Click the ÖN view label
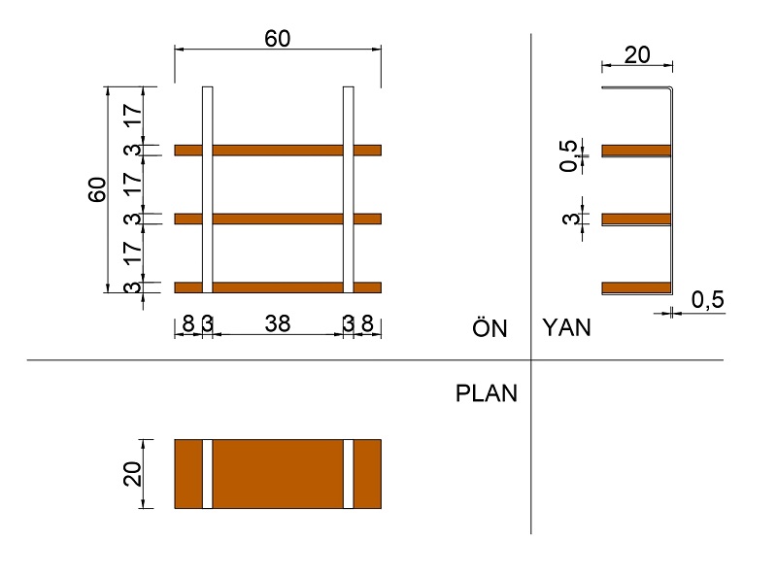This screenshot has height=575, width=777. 490,327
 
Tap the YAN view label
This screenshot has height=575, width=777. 567,327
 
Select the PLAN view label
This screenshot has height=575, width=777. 487,393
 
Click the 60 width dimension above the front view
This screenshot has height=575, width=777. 278,39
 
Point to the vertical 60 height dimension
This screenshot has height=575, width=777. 97,189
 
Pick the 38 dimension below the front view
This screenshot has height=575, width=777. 278,323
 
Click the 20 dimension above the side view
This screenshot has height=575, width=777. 637,54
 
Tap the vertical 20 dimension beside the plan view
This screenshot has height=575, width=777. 132,473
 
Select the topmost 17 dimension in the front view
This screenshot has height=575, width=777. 133,116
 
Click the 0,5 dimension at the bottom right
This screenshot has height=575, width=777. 708,299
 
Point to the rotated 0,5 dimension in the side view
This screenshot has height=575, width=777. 569,155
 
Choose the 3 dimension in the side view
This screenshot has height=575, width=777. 570,219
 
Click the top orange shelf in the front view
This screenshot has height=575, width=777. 278,151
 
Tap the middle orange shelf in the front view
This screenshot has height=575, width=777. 278,219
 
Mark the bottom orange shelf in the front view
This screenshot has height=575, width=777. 278,287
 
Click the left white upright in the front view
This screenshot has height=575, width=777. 208,189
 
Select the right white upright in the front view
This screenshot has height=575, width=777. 349,189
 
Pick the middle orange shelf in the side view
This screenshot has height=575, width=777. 636,220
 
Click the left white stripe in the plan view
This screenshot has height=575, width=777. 208,474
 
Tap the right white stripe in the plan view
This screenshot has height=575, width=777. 349,474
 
